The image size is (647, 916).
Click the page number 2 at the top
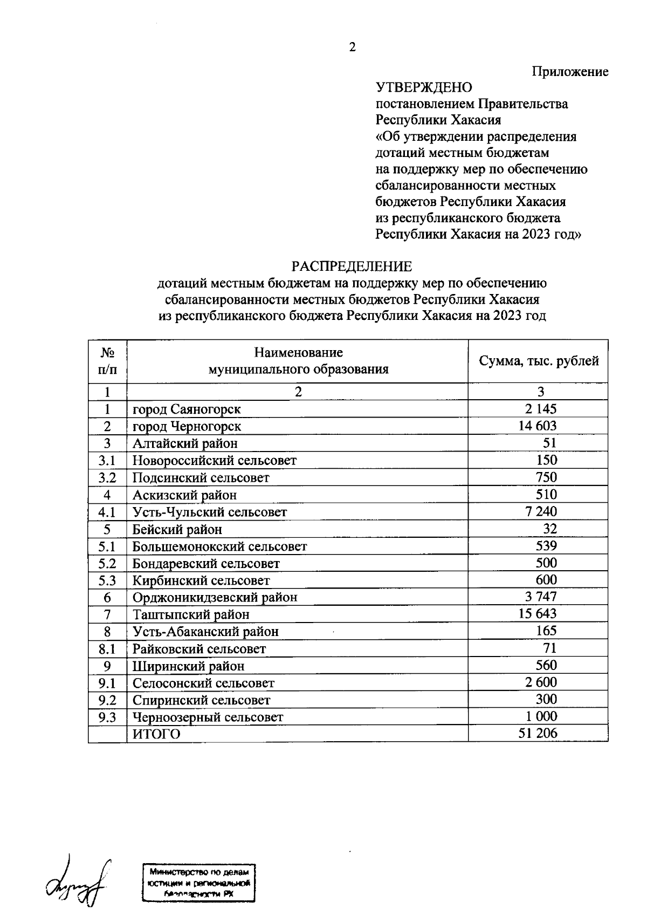pos(352,47)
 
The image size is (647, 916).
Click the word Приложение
pos(570,72)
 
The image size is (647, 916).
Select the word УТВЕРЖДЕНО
pos(424,87)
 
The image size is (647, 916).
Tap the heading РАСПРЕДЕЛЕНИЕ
pos(352,266)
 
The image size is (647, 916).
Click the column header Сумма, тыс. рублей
pos(539,361)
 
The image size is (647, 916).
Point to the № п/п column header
pos(108,361)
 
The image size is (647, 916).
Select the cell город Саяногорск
pos(187,409)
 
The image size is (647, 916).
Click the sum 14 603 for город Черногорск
pos(537,426)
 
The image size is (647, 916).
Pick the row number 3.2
pos(107,477)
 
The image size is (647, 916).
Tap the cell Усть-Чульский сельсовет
pos(210,512)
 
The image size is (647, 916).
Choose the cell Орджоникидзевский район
pos(215,597)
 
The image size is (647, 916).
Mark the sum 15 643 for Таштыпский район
pos(537,614)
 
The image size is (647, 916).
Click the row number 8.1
pos(107,648)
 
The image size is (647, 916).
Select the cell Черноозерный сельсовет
pos(208,717)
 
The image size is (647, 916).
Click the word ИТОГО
pos(156,734)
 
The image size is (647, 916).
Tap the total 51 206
pos(538,733)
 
